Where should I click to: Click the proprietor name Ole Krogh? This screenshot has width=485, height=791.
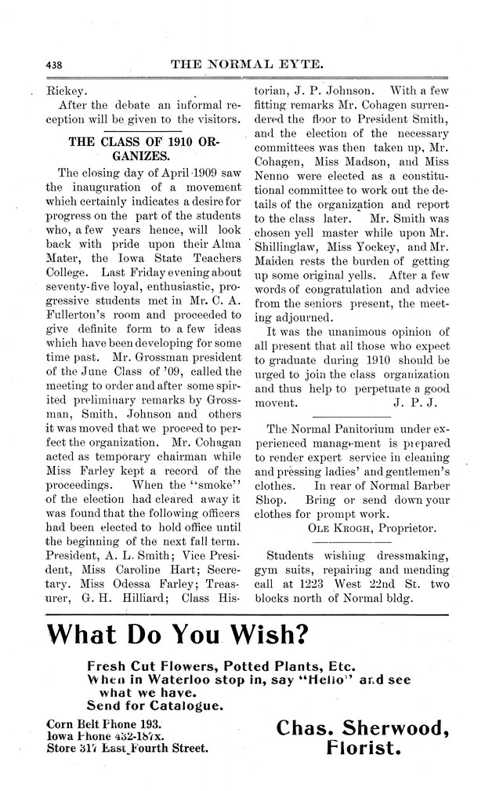335,527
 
